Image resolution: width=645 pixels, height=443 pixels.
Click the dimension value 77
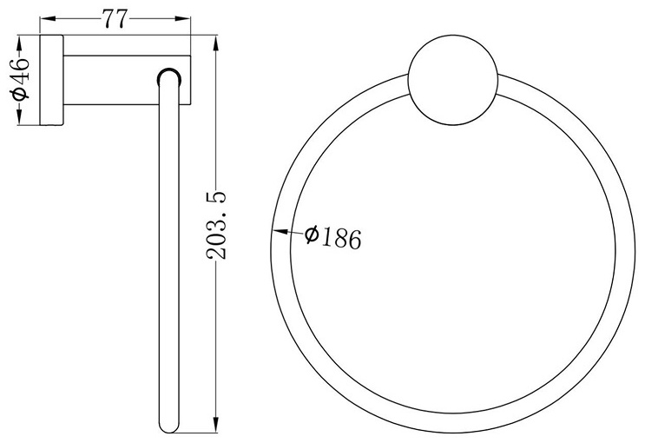point(115,18)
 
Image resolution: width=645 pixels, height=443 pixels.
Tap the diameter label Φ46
point(21,78)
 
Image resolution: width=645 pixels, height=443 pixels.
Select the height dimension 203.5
point(216,225)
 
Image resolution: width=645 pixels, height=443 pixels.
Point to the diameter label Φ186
point(333,237)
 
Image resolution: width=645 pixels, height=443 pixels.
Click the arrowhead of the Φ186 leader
point(280,231)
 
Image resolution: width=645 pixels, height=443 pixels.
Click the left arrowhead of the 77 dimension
point(47,18)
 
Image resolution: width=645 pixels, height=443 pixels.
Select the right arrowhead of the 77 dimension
point(183,18)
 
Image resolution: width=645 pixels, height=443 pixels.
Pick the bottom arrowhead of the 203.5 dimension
point(215,425)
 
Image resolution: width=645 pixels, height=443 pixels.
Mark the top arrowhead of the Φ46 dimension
point(19,43)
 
